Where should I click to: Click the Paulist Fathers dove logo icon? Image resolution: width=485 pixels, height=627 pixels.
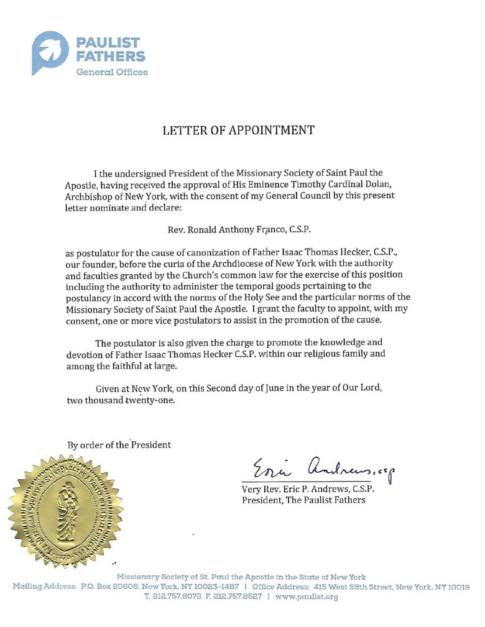50,52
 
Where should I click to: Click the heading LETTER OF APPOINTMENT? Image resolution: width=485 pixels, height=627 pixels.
238,130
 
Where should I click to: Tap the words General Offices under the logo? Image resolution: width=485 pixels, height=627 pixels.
112,72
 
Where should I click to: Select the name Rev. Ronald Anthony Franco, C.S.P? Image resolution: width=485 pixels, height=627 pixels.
239,229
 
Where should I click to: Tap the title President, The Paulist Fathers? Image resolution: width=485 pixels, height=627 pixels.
304,500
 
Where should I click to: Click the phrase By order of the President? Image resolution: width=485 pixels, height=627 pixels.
119,445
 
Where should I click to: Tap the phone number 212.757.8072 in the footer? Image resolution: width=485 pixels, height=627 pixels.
180,597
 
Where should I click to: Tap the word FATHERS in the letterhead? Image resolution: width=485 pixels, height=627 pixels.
111,56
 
